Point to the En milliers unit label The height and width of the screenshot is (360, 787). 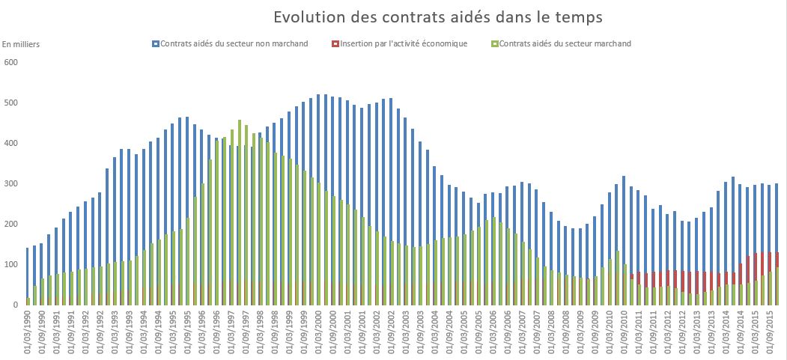(x=21, y=44)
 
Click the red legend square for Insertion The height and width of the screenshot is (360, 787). (x=335, y=43)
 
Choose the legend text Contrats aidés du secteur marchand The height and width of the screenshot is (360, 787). (x=565, y=43)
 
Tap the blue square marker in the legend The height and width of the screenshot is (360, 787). (x=155, y=43)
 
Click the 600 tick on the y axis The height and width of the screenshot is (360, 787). (x=10, y=62)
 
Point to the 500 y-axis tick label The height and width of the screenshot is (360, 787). (x=10, y=103)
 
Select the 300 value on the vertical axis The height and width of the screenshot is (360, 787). (x=10, y=183)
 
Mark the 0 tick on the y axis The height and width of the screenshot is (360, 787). (x=14, y=305)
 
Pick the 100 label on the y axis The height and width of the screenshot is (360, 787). (x=10, y=265)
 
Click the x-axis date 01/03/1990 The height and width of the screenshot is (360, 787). (x=28, y=333)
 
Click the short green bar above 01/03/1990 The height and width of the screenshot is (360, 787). (x=28, y=301)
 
